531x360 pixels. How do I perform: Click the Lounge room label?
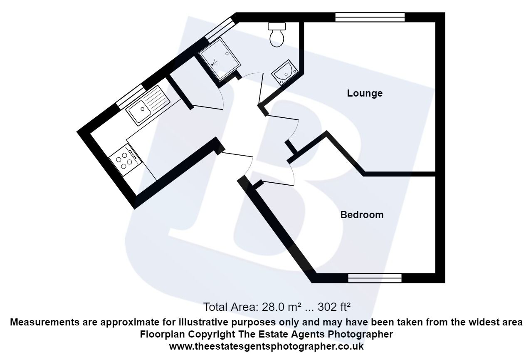click(x=365, y=93)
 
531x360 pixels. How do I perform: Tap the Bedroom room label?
click(x=362, y=215)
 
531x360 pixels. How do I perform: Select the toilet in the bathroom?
click(x=277, y=35)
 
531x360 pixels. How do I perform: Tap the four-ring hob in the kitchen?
click(x=125, y=159)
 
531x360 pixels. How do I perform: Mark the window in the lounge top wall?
click(x=370, y=17)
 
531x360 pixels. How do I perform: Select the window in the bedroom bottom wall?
click(x=375, y=278)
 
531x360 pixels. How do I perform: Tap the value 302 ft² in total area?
click(x=334, y=308)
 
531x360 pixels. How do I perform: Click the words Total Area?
click(x=230, y=308)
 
